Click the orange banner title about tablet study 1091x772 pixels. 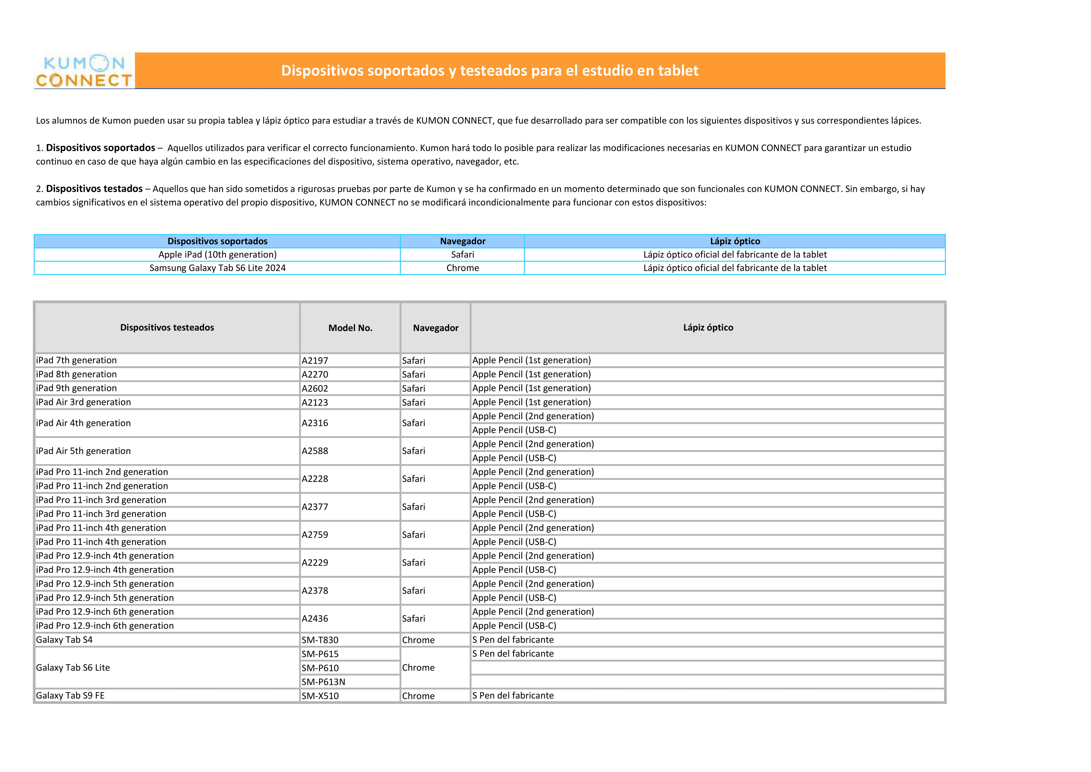[490, 70]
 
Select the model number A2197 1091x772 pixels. [315, 361]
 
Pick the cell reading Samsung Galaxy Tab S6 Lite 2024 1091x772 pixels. [218, 268]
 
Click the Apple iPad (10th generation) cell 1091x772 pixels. [218, 255]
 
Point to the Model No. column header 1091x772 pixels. [350, 328]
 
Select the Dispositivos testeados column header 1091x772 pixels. [167, 327]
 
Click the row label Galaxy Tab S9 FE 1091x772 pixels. [70, 695]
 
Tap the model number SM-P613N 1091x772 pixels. [323, 682]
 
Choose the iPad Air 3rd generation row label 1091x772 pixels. [83, 402]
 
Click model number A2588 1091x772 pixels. [315, 451]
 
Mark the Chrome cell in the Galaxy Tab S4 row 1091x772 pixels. [418, 640]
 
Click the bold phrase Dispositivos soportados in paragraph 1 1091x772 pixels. [100, 148]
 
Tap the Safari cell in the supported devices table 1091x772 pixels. [462, 255]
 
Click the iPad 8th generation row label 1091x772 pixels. [77, 374]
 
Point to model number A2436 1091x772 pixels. [315, 619]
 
